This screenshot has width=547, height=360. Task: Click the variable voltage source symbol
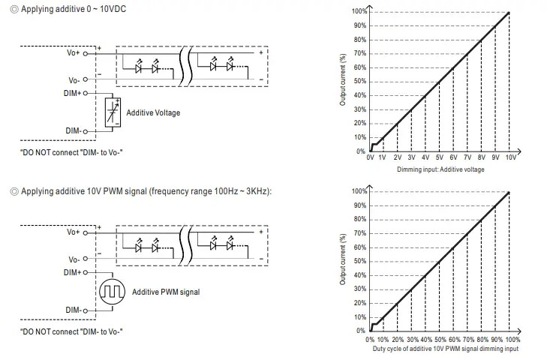pos(112,112)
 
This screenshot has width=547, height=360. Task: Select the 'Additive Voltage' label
pos(153,113)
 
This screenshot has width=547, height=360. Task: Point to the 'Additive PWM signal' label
pos(166,292)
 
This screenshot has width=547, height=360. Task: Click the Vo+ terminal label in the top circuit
pos(74,54)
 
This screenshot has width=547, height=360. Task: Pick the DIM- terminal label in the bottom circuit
pos(73,310)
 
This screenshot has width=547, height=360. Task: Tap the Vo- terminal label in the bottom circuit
pos(74,259)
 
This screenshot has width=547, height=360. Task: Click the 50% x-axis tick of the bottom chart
pos(440,339)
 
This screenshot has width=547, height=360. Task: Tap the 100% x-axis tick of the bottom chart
pos(512,339)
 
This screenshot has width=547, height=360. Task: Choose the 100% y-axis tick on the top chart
pos(359,12)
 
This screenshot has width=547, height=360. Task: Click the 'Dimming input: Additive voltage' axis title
pos(440,169)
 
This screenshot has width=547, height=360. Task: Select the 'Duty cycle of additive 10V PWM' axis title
pos(445,349)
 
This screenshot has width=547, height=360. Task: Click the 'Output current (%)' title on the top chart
pos(343,79)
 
